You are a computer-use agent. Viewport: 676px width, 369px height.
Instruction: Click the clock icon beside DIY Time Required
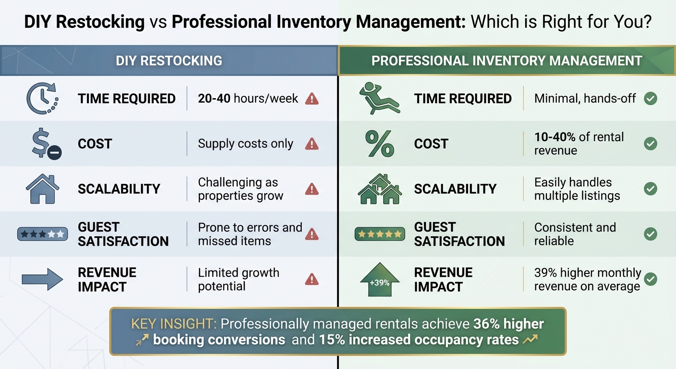(41, 98)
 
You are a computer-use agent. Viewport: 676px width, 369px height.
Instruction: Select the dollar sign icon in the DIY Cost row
(45, 144)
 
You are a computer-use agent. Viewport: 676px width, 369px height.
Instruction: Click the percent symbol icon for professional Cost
(380, 144)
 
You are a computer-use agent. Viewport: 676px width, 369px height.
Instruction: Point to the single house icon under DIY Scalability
(42, 188)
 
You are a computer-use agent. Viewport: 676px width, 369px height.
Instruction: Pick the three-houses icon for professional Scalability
(380, 188)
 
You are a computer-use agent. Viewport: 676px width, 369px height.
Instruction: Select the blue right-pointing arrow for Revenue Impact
(42, 279)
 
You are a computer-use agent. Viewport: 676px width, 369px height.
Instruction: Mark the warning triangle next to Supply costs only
(312, 144)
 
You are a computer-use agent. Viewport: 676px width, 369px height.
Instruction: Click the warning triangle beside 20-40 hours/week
(312, 99)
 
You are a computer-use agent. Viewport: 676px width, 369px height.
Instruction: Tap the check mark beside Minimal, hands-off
(651, 99)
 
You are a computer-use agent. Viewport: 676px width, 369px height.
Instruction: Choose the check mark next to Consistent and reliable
(651, 234)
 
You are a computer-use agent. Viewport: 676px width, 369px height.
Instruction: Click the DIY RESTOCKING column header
(169, 61)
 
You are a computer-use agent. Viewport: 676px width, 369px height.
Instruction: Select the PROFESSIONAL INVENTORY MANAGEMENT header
(507, 61)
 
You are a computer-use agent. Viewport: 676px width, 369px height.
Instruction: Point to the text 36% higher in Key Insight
(508, 324)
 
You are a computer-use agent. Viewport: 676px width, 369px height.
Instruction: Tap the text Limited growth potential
(239, 279)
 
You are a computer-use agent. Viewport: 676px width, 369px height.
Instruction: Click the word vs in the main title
(158, 22)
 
